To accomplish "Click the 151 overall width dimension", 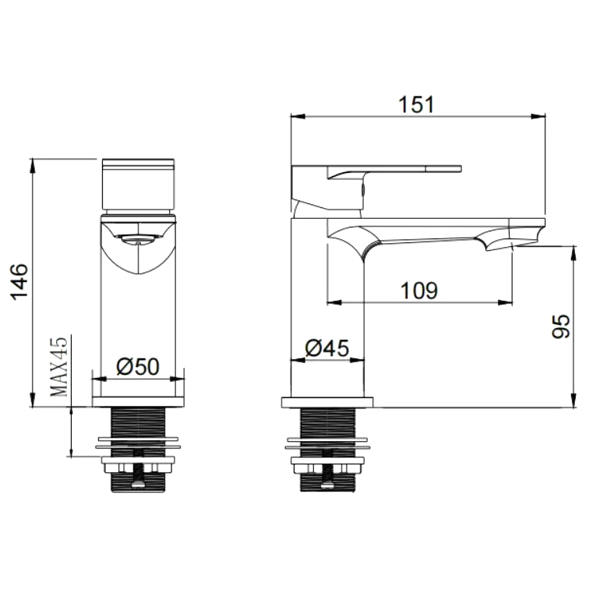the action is click(416, 104).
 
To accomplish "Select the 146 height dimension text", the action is click(19, 282).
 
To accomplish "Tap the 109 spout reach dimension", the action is click(419, 291).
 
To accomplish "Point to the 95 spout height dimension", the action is click(561, 326).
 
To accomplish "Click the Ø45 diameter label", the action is click(327, 347).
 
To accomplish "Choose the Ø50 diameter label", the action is click(138, 366).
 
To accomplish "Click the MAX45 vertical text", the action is click(59, 366).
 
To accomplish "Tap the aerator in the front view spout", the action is click(138, 239).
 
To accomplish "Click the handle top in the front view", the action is click(138, 184).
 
